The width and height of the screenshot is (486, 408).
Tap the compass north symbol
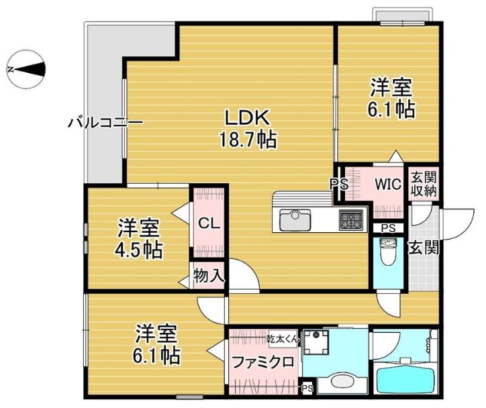pos(26,69)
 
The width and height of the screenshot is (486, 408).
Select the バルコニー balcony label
pos(105,123)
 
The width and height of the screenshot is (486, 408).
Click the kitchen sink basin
pos(295,220)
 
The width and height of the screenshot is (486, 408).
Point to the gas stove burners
pos(351,220)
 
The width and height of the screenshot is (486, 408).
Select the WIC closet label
pos(388,185)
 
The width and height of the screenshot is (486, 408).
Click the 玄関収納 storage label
pos(424,184)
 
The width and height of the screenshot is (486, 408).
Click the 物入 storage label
pos(209,275)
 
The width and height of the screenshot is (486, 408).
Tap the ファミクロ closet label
pos(263,362)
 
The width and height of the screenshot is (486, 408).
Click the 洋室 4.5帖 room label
pos(139,239)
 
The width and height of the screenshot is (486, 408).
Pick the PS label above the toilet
pos(389,228)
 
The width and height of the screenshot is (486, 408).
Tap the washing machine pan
pos(316,343)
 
